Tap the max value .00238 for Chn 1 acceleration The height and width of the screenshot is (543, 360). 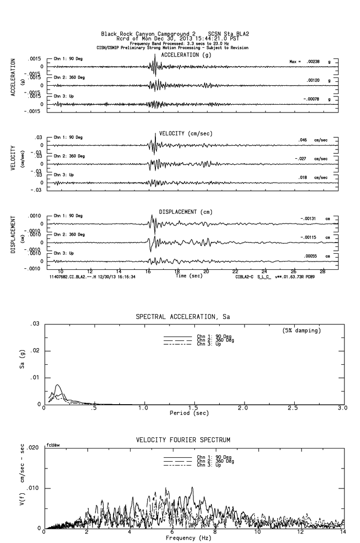pyautogui.click(x=312, y=61)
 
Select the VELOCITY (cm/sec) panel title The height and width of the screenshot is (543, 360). pyautogui.click(x=186, y=133)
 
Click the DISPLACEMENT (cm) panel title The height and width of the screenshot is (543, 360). pyautogui.click(x=186, y=212)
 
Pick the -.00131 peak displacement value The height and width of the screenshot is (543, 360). pyautogui.click(x=309, y=218)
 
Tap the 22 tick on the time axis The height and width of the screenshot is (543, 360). pyautogui.click(x=235, y=271)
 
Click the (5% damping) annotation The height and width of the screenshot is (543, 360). pyautogui.click(x=302, y=330)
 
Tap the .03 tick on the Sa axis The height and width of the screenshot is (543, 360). pyautogui.click(x=35, y=324)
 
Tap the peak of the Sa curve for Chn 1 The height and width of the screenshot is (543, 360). pyautogui.click(x=58, y=385)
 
